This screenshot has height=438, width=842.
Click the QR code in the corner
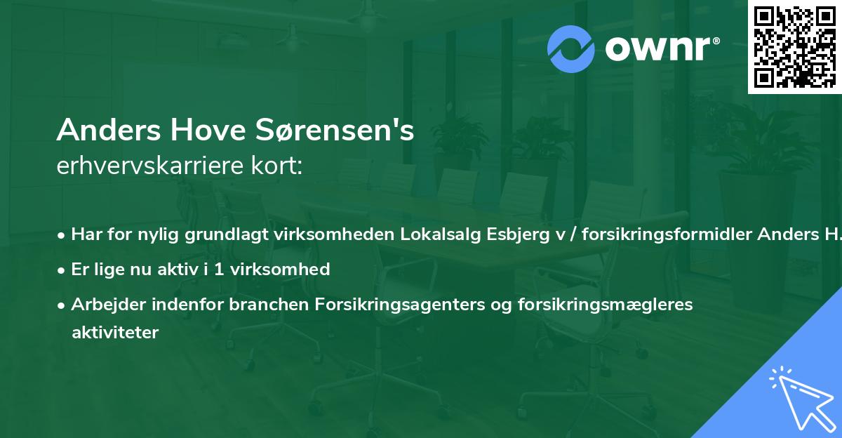pos(795,46)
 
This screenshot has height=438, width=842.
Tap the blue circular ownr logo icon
pos(571,49)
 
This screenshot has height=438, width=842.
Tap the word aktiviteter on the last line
pos(115,332)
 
